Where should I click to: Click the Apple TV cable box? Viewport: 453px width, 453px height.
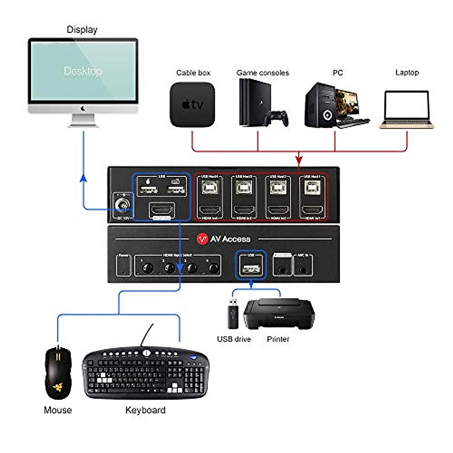[x=192, y=105]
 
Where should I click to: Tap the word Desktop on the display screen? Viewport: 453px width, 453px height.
[x=83, y=71]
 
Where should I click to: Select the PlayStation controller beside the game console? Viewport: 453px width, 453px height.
[x=277, y=117]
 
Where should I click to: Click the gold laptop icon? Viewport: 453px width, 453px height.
[x=407, y=109]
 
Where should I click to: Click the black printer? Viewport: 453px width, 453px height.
[x=279, y=313]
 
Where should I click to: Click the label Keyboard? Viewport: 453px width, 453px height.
[x=145, y=410]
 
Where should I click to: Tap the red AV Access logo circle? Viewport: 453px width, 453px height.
[x=202, y=239]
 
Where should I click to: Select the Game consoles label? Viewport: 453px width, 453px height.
[x=262, y=72]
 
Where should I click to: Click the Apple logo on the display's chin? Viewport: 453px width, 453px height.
[x=83, y=109]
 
